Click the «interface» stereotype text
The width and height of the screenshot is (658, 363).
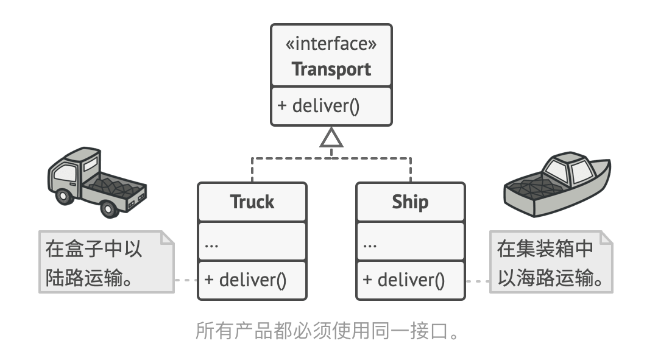[331, 44]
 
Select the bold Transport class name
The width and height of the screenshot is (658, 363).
[331, 69]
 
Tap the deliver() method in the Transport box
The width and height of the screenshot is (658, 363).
[319, 106]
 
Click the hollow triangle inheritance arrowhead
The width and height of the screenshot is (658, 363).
[331, 139]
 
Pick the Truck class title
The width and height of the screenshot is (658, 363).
[252, 202]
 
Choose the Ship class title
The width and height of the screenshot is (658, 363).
[410, 202]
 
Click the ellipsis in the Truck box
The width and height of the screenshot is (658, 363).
[211, 245]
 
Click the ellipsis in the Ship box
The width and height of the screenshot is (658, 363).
[370, 245]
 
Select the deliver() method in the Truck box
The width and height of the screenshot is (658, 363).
[246, 280]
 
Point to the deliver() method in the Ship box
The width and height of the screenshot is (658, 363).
[404, 280]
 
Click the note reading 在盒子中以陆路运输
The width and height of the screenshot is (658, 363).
[104, 262]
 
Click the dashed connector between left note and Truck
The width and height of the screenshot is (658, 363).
[186, 281]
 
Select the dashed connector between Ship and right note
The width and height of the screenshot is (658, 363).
[478, 281]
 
